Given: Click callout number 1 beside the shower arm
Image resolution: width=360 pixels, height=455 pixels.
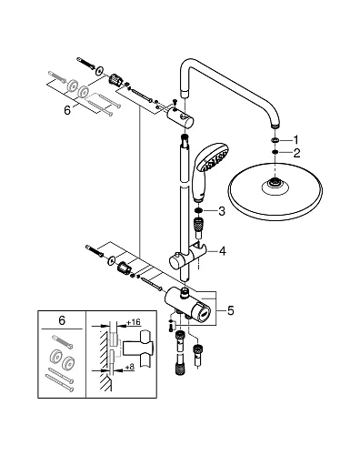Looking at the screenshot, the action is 295,140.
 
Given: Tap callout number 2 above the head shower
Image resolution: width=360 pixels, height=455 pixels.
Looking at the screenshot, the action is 296,153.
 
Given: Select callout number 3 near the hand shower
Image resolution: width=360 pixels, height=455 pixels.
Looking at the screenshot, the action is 222,211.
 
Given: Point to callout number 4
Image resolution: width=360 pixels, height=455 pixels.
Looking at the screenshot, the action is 223,251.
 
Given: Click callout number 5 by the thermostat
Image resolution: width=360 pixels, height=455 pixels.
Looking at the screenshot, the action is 231,310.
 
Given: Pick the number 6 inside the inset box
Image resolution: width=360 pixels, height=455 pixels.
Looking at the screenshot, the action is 62,320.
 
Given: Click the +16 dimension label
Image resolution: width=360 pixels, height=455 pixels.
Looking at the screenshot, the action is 134,322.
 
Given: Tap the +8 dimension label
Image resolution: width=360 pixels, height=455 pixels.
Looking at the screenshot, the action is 129,368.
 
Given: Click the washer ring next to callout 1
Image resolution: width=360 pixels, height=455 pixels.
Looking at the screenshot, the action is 275,140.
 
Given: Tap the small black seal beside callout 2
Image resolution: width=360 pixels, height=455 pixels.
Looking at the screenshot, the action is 275,152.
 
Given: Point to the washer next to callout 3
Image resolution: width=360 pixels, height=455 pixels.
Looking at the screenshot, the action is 198,211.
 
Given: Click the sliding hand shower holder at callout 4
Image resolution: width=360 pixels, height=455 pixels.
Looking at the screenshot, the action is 188,257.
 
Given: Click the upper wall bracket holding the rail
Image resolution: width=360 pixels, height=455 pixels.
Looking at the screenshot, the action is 181,117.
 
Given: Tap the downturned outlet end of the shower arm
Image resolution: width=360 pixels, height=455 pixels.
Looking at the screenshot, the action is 275,125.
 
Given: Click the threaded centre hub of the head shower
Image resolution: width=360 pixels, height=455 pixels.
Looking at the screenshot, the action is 275,183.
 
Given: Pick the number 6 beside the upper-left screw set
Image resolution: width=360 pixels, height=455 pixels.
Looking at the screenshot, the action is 67,110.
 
